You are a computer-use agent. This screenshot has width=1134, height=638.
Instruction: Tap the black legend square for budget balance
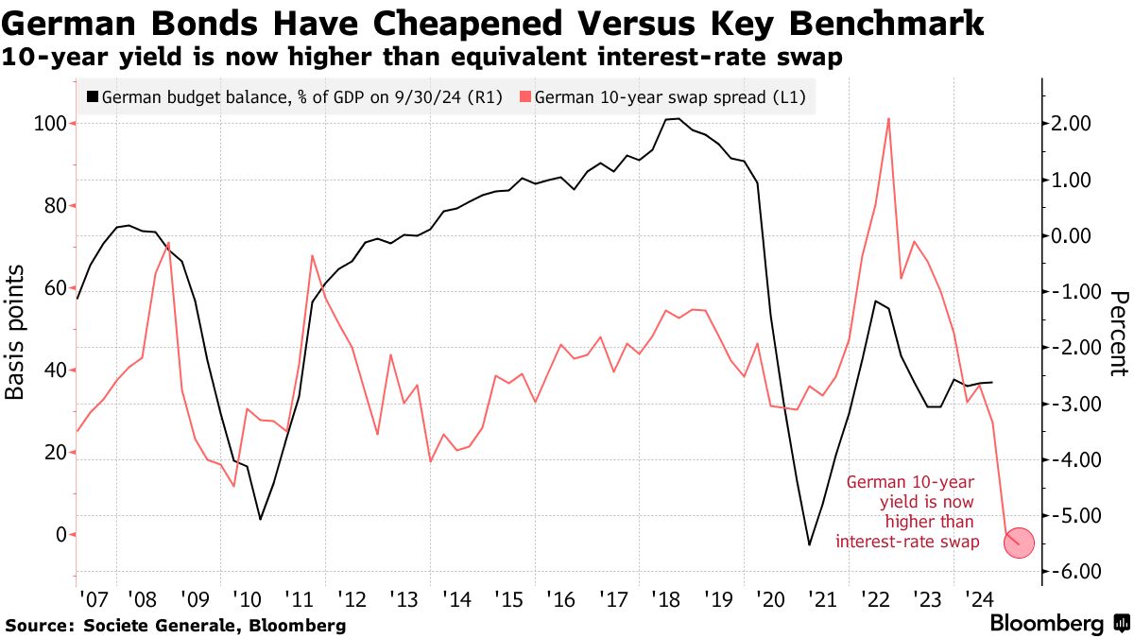(92, 96)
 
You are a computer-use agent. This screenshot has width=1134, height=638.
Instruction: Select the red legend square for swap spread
(525, 96)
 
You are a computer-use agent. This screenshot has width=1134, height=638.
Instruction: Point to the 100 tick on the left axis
(52, 124)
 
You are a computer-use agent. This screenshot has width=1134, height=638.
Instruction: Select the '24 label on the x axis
(977, 599)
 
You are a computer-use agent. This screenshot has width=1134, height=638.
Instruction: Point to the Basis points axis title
(17, 332)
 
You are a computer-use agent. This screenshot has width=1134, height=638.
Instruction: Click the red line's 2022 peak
(889, 118)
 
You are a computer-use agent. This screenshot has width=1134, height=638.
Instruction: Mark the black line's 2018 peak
(673, 119)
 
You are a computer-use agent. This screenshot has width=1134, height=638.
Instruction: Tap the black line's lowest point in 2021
(809, 544)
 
